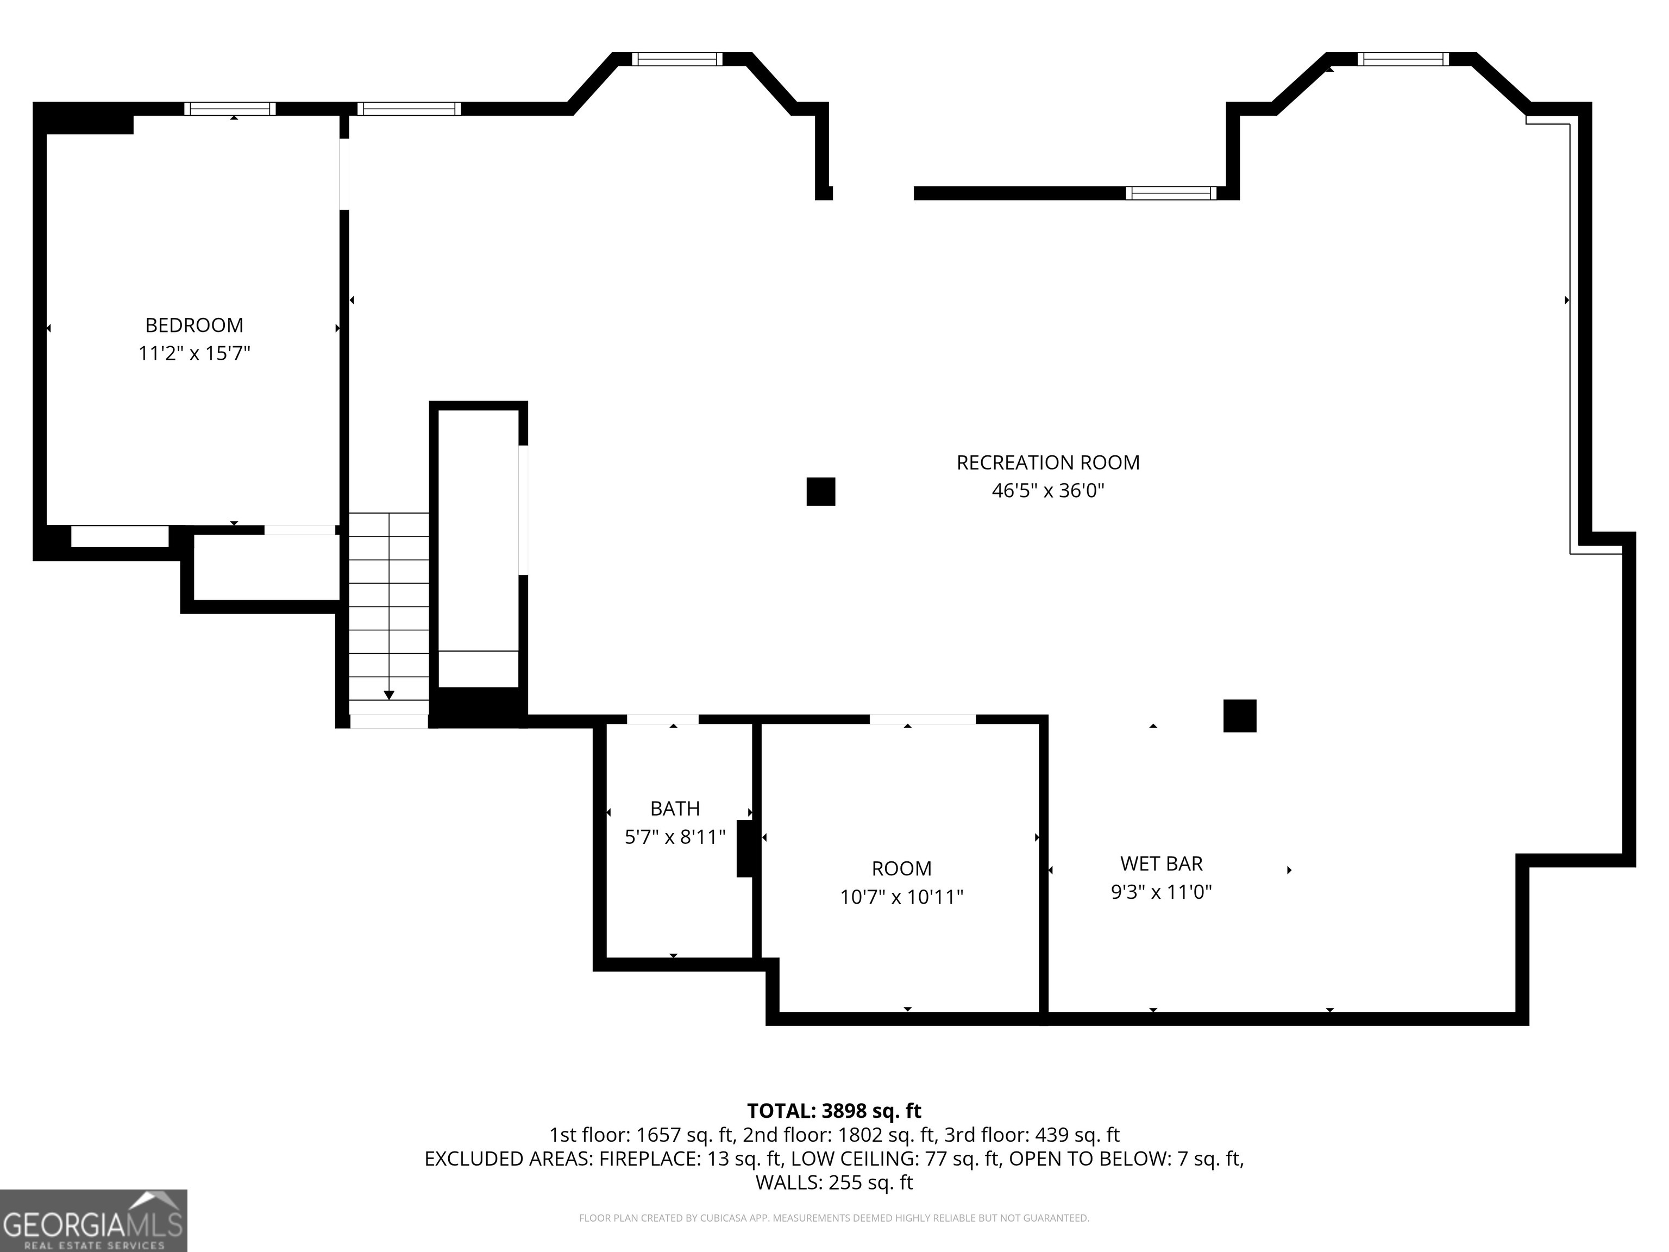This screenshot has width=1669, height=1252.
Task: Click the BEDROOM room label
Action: pyautogui.click(x=194, y=325)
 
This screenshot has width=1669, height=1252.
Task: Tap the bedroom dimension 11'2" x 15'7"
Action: pyautogui.click(x=194, y=353)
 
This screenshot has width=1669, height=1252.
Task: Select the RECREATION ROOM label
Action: pyautogui.click(x=1048, y=462)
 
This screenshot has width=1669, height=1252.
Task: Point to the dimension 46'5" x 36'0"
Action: pyautogui.click(x=1048, y=491)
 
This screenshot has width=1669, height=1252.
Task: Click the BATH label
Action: pyautogui.click(x=675, y=809)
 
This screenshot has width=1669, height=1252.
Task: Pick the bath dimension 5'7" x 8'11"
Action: pyautogui.click(x=675, y=837)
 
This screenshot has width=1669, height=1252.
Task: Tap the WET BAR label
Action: pyautogui.click(x=1161, y=863)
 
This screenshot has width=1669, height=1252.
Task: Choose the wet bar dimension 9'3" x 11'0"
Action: pyautogui.click(x=1161, y=892)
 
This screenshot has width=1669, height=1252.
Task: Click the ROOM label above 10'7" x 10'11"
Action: pyautogui.click(x=902, y=868)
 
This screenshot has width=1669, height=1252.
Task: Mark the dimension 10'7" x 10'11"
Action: pyautogui.click(x=902, y=897)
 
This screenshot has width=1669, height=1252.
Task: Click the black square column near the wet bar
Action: pyautogui.click(x=1240, y=716)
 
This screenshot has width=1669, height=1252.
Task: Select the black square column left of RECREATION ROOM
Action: pyautogui.click(x=821, y=491)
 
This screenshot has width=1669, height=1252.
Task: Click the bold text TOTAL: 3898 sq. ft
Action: pyautogui.click(x=834, y=1111)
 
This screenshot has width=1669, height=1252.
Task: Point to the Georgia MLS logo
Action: pyautogui.click(x=93, y=1220)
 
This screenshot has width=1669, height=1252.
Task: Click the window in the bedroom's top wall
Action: pyautogui.click(x=230, y=109)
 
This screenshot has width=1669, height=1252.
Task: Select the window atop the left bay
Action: pyautogui.click(x=677, y=59)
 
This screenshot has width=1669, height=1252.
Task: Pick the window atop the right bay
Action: pyautogui.click(x=1403, y=59)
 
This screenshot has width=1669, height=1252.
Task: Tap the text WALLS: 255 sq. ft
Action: pyautogui.click(x=834, y=1182)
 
